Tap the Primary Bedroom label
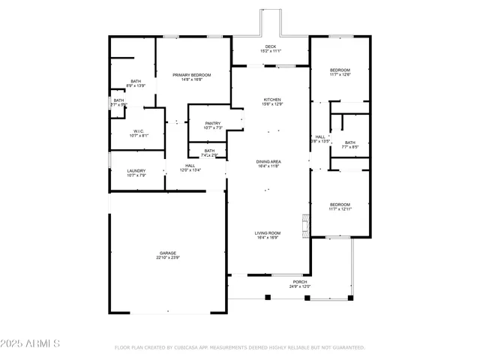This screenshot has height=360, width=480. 191,75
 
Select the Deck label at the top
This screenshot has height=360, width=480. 270,47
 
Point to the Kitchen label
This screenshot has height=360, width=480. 271,100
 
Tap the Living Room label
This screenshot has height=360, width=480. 268,233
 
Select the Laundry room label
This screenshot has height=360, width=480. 136,170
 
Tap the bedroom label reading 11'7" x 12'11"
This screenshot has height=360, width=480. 340,204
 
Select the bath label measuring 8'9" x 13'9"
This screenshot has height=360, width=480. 136,81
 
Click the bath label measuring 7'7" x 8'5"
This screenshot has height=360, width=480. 350,142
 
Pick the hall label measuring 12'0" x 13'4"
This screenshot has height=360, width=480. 190,166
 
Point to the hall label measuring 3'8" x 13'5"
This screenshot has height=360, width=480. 320,136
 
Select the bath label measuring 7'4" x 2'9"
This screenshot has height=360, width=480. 209,152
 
